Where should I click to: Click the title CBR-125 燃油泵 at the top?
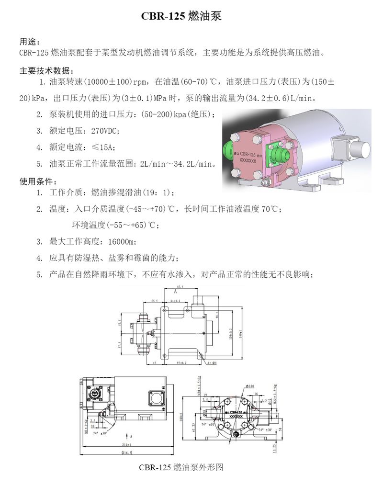pos(180,16)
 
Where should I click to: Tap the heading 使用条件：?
pos(38,181)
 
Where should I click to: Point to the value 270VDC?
pos(105,131)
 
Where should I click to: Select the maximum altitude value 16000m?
pos(121,241)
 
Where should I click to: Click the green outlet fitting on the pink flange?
pos(280,155)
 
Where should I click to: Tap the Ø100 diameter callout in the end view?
pos(249,385)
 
